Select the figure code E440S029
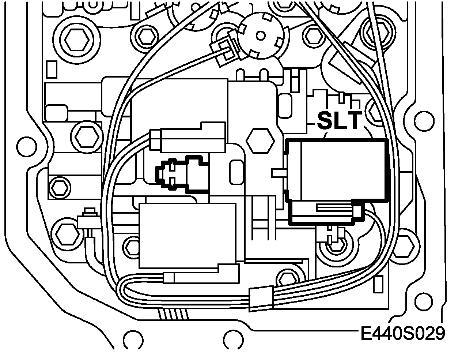402,334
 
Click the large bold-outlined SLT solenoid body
336,170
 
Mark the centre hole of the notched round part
260,36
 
